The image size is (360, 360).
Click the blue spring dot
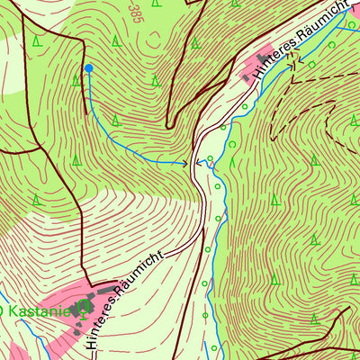[88, 67]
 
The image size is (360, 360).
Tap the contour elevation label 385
[136, 10]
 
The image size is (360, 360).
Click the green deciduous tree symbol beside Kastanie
[84, 312]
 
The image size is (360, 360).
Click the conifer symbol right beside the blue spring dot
[76, 80]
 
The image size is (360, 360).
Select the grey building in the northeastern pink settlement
[247, 78]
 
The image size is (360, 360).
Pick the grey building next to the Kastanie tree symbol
[90, 301]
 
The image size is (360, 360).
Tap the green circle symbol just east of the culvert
[211, 159]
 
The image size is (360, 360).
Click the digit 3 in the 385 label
[136, 18]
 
